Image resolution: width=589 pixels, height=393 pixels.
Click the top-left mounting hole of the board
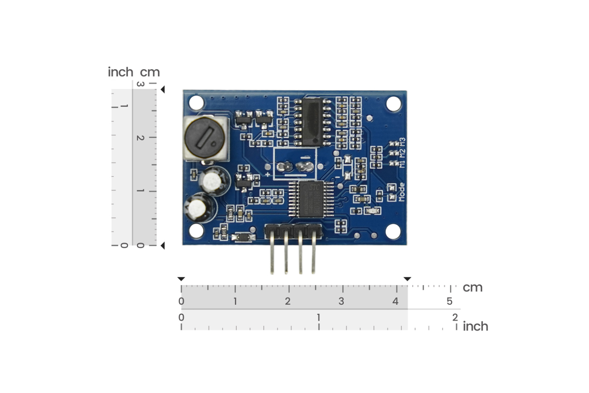196,103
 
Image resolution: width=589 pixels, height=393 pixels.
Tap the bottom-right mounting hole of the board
393,231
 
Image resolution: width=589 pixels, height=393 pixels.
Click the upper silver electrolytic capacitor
213,181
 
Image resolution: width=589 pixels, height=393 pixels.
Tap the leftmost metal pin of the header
272,255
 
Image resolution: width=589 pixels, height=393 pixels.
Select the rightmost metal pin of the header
313,255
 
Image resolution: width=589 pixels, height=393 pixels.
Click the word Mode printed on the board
401,192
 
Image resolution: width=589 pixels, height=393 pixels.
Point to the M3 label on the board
402,142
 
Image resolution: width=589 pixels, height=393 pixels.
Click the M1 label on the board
402,163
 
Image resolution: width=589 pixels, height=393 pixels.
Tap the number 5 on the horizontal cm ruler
449,301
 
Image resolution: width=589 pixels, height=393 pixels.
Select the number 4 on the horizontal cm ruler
395,301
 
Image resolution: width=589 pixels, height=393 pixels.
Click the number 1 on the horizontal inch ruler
318,317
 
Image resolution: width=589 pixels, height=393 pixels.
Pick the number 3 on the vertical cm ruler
140,84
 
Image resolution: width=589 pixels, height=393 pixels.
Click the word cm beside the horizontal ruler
472,288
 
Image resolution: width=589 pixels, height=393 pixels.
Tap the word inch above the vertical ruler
121,72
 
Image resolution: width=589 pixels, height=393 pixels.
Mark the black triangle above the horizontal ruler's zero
181,279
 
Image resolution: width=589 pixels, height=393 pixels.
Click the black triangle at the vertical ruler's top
163,90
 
